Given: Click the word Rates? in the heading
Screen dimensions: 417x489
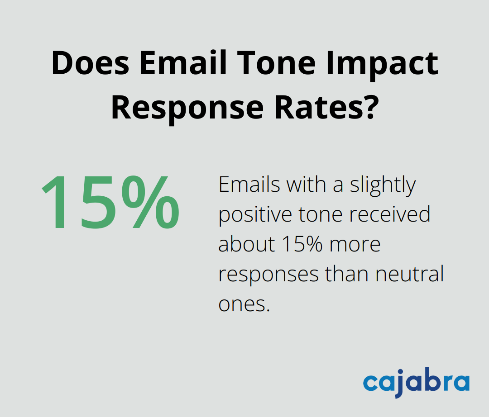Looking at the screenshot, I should coord(326,108).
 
